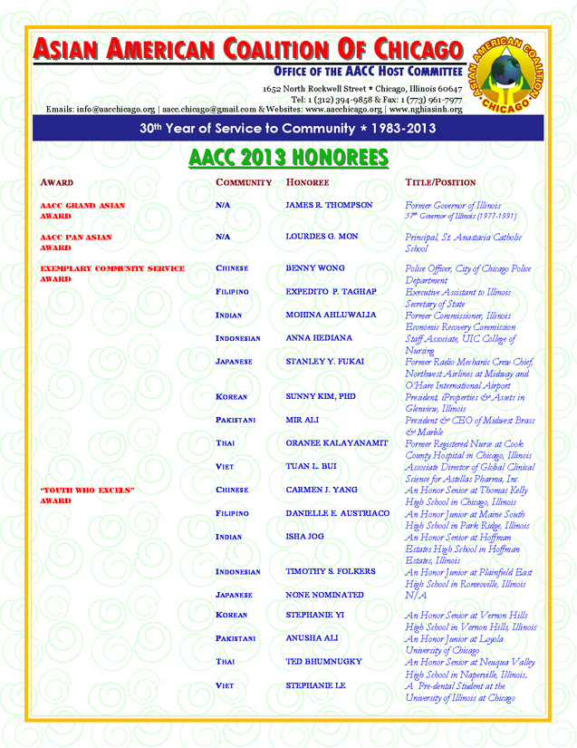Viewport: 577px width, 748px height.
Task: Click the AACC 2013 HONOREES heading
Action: pos(288,158)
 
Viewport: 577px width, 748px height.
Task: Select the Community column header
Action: pos(244,182)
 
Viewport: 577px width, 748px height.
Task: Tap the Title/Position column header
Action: pos(439,182)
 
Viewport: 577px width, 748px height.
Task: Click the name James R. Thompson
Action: pos(329,206)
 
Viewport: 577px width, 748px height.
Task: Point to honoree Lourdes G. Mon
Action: pos(322,237)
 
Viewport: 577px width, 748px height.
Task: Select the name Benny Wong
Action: pos(315,268)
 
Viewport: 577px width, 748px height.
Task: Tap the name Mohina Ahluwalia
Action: pos(332,315)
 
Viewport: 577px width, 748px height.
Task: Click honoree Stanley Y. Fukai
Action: pos(325,361)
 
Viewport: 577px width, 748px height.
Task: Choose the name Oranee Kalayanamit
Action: pos(337,442)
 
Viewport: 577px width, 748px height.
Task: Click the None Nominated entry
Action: pos(324,595)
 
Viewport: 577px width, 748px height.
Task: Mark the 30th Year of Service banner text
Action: pos(287,129)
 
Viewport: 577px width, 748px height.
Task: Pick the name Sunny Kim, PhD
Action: pos(320,396)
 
